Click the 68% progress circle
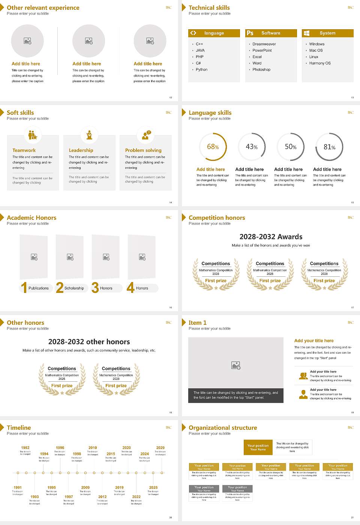coord(213,147)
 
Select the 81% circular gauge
coord(329,147)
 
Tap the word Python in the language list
coord(201,70)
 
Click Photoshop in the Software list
coord(261,70)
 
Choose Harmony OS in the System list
coord(320,63)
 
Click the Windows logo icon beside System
coord(307,33)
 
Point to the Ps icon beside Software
coord(250,33)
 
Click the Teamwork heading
coord(24,150)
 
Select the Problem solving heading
coord(143,150)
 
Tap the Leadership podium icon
coord(89,135)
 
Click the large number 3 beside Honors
coord(95,288)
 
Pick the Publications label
coord(39,288)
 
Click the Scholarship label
coord(74,288)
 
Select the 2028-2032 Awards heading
coord(271,237)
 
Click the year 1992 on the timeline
coord(25,448)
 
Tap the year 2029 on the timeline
coord(160,448)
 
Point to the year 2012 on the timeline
coord(102,497)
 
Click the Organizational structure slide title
coord(223,428)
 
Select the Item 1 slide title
coord(198,323)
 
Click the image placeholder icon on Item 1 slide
coord(236,365)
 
